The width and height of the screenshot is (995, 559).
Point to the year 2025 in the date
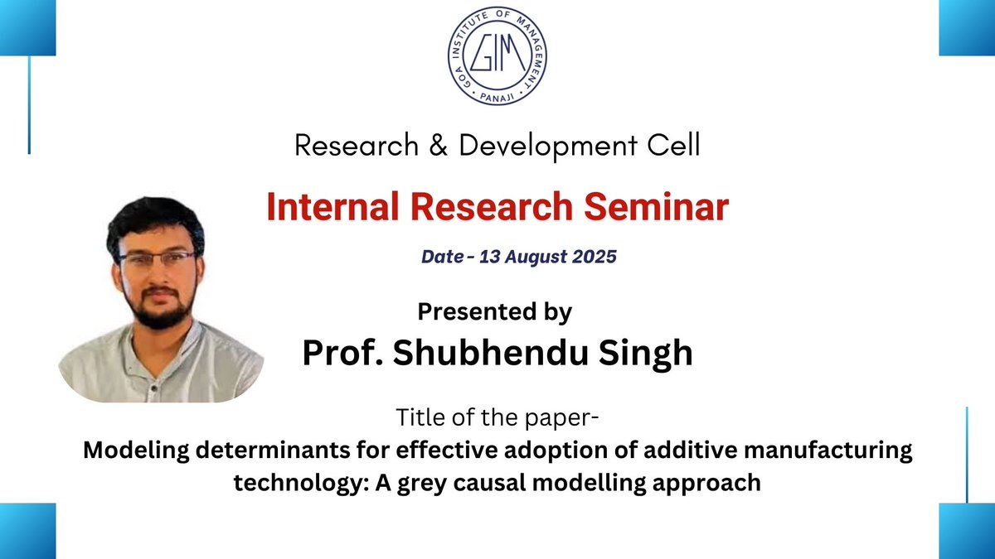tap(595, 257)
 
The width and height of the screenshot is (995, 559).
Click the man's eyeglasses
tap(157, 258)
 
